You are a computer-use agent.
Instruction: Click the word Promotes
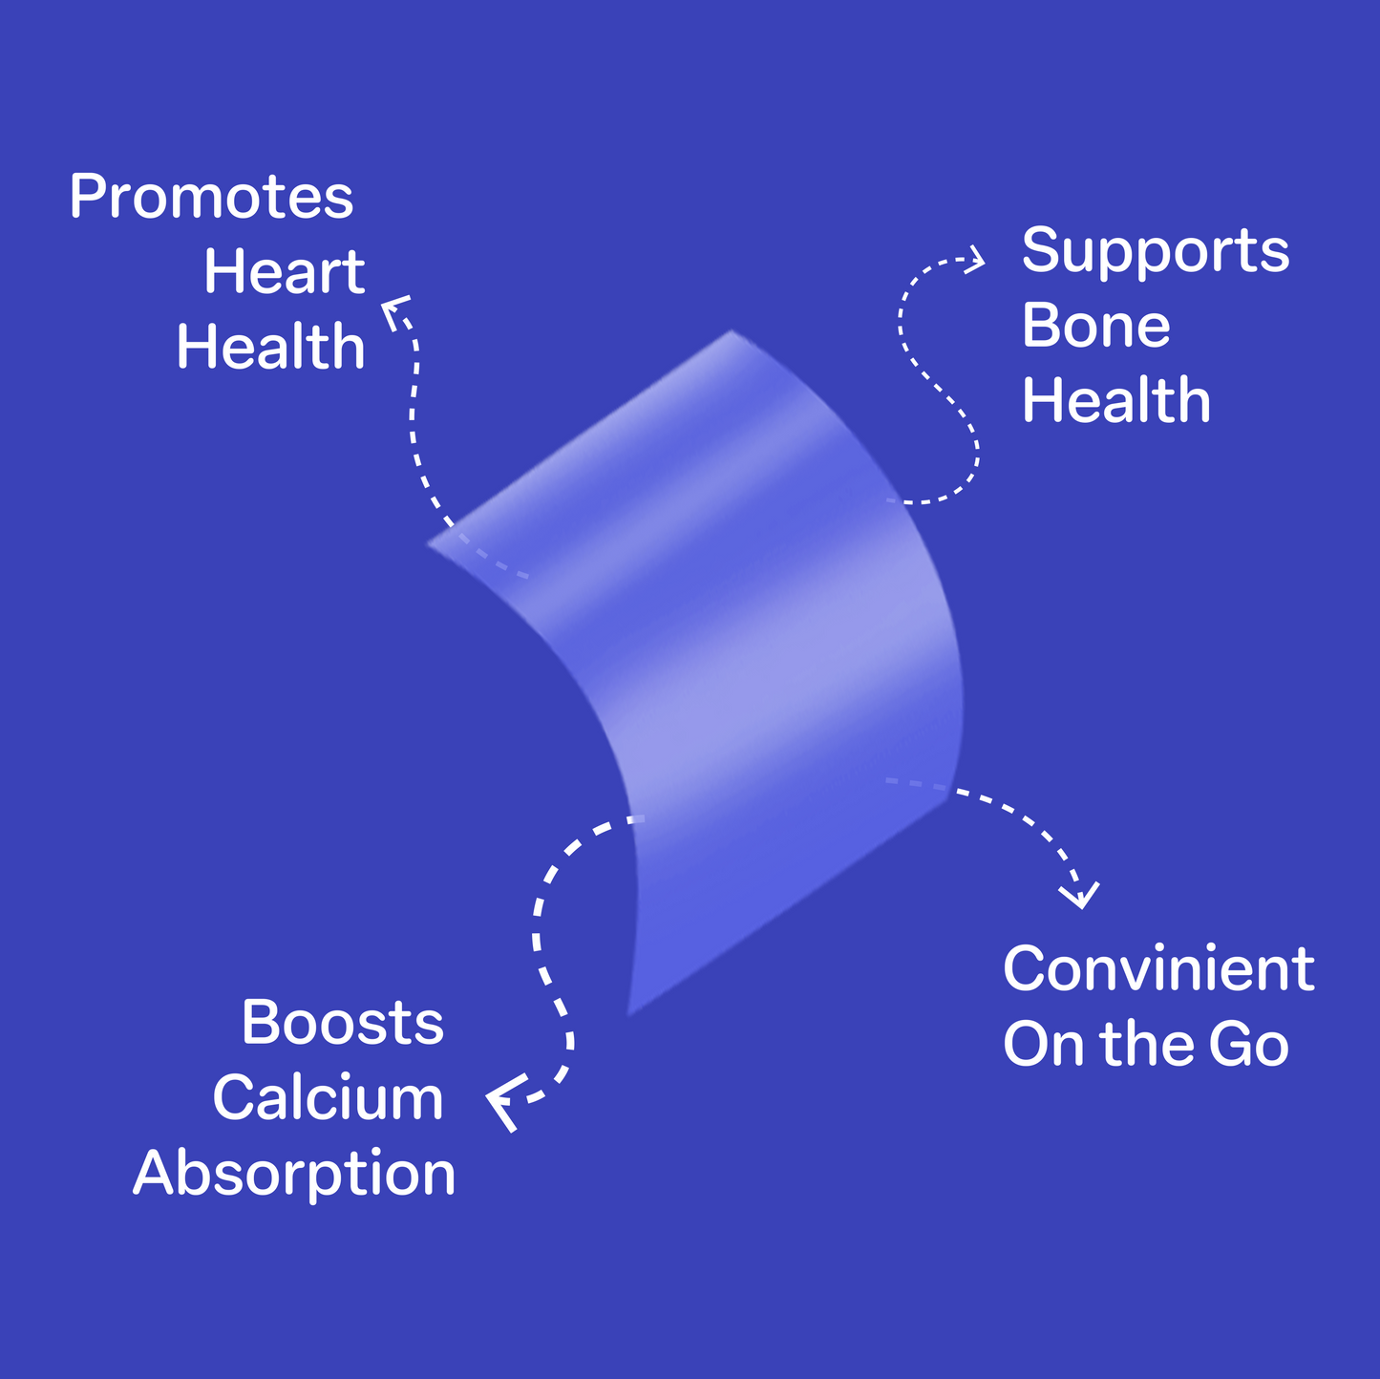(211, 198)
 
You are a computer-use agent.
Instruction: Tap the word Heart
(284, 272)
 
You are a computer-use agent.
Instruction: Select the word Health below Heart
(270, 347)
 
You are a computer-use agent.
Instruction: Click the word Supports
(1156, 252)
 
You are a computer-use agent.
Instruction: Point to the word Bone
(1095, 326)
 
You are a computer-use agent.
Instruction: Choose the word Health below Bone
(1115, 400)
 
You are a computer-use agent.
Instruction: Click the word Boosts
(342, 1023)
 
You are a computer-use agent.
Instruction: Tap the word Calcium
(328, 1098)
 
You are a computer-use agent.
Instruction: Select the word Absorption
(294, 1174)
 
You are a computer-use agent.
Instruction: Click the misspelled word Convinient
(1158, 969)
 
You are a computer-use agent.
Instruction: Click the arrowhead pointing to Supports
(976, 259)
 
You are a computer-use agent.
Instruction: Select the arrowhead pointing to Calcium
(503, 1102)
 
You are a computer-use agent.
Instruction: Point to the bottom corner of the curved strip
(629, 1012)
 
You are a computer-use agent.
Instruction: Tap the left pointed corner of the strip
(431, 544)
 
